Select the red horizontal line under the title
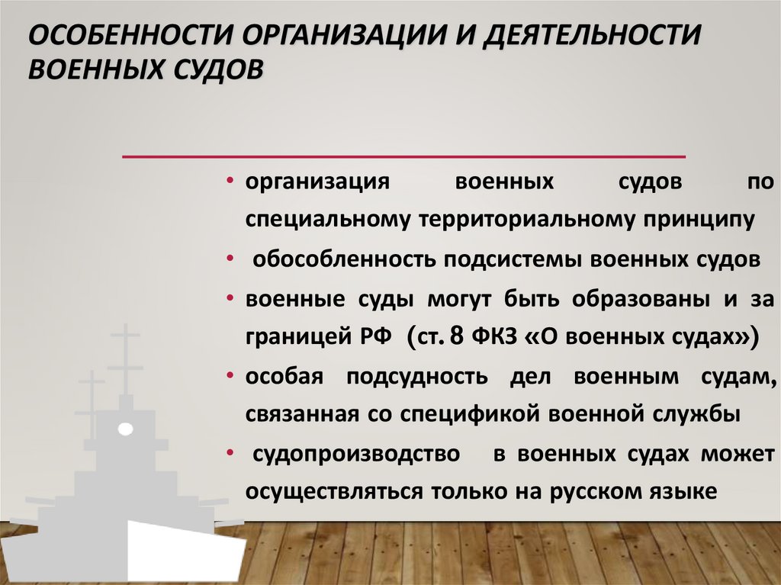(404, 156)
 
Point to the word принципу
(696, 220)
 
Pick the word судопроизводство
(355, 455)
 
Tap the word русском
(602, 493)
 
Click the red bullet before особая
(230, 377)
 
